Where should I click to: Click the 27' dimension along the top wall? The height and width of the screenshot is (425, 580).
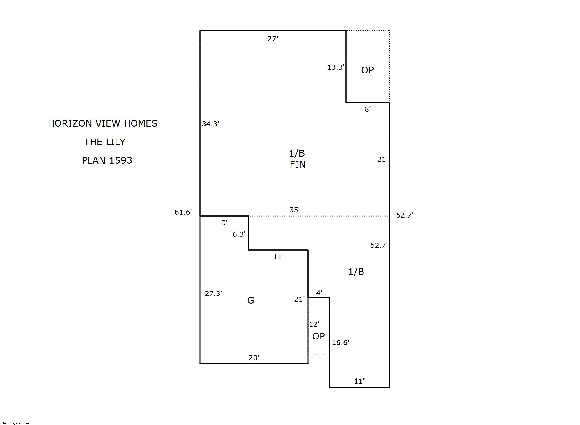click(273, 39)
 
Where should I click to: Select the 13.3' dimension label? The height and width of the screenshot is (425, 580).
click(336, 67)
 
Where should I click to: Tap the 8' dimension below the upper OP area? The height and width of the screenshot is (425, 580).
click(368, 109)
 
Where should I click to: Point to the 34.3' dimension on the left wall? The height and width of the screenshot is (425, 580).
click(211, 124)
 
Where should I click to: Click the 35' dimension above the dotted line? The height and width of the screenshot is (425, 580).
click(295, 210)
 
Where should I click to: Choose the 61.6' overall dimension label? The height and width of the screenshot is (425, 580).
click(183, 212)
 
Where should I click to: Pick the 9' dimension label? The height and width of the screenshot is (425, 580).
click(225, 223)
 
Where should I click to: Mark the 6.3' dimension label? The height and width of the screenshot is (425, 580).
click(239, 234)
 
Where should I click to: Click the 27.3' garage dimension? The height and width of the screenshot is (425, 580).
click(214, 293)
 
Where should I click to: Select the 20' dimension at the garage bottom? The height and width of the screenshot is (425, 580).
click(254, 358)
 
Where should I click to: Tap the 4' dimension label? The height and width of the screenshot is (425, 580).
click(319, 293)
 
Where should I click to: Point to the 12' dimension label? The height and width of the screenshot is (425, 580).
click(314, 324)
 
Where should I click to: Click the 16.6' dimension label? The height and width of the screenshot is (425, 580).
click(341, 343)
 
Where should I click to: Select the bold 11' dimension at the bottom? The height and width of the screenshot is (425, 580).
click(359, 381)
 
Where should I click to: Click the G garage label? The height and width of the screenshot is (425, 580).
click(251, 300)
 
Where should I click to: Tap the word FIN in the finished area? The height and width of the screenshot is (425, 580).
click(297, 164)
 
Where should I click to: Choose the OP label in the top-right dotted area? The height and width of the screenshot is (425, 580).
click(368, 70)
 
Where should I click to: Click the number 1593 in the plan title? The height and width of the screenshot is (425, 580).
click(121, 160)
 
